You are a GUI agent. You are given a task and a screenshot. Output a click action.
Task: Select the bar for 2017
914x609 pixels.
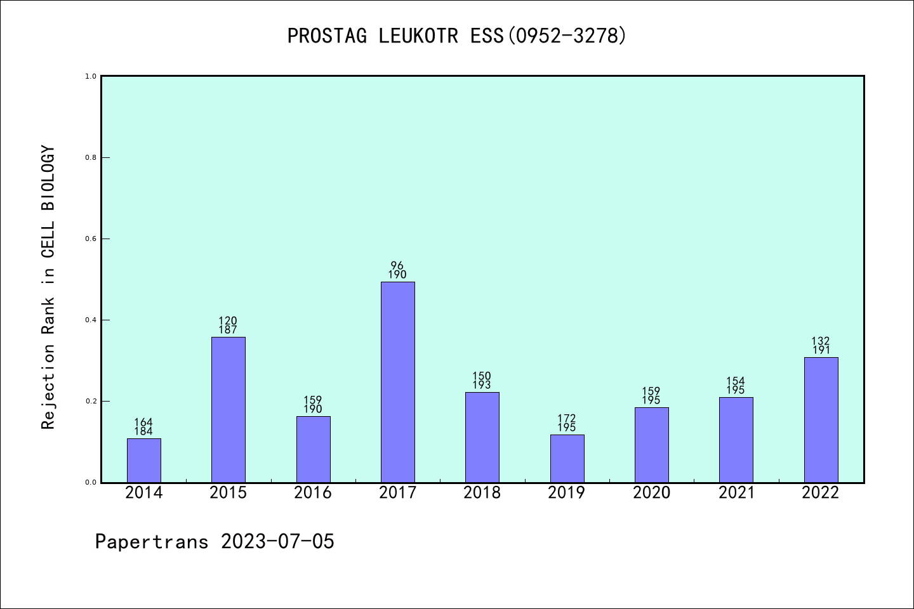click(x=397, y=382)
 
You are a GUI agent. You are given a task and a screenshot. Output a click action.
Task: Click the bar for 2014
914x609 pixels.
click(x=143, y=460)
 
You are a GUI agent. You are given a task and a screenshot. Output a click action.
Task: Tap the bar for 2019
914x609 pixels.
click(x=567, y=458)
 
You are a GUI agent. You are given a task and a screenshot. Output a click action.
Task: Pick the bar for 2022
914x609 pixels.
click(x=821, y=419)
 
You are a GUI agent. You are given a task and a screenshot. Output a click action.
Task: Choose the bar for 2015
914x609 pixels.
click(x=228, y=409)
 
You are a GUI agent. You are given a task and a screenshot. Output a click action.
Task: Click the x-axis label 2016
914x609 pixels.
click(x=313, y=493)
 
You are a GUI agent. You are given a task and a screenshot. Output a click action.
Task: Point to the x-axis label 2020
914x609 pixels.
click(x=651, y=493)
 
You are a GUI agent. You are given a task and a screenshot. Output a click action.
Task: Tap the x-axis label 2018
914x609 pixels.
click(x=482, y=493)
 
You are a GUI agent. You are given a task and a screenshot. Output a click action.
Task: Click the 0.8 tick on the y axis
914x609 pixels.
click(x=91, y=157)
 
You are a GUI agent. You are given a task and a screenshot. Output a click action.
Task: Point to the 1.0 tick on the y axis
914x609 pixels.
click(x=91, y=76)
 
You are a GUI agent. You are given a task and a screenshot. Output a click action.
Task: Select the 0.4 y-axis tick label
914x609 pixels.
click(x=91, y=320)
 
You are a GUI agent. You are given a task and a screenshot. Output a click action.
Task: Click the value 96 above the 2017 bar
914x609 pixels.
click(x=397, y=266)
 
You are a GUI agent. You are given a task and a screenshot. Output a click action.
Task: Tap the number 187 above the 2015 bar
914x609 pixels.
click(x=228, y=330)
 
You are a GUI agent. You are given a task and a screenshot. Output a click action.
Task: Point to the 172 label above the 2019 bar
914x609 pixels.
click(x=567, y=419)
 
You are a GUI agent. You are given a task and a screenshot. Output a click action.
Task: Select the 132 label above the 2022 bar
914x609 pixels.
click(x=821, y=341)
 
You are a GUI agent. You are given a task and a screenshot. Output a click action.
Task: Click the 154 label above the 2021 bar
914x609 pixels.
click(x=736, y=381)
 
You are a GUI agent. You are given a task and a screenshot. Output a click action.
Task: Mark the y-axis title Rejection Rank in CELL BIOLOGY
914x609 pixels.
click(x=48, y=287)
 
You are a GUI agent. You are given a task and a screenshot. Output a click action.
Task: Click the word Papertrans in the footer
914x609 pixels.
click(x=152, y=541)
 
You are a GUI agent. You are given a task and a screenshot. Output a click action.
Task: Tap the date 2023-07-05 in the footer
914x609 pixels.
click(x=277, y=541)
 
